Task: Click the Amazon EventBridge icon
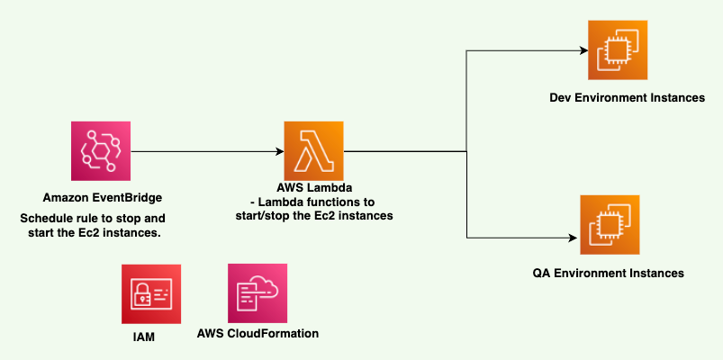point(101,151)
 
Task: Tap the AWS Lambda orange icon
point(313,151)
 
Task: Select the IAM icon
point(150,293)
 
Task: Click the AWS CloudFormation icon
point(258,293)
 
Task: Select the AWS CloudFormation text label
point(258,334)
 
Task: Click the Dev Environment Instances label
point(627,97)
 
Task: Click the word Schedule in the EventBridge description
point(45,219)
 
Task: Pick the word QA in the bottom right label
point(544,272)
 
